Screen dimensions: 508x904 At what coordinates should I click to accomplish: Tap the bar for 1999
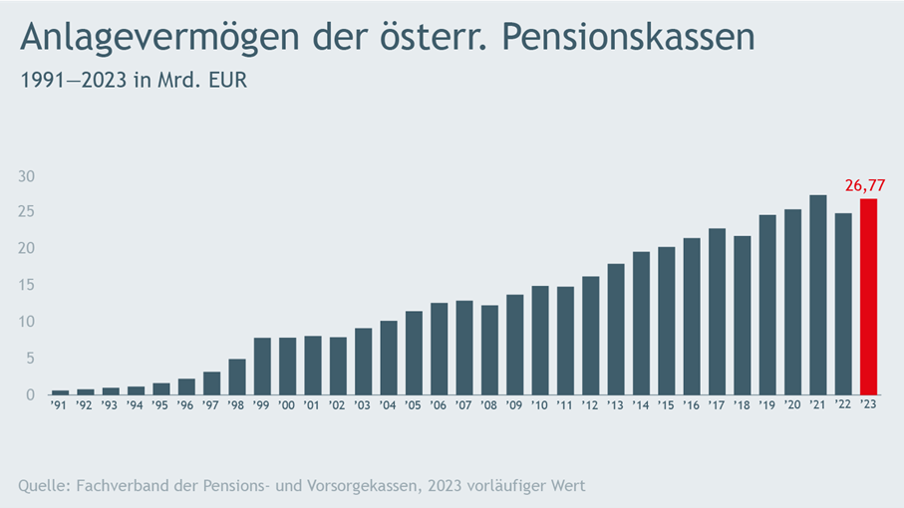pos(262,366)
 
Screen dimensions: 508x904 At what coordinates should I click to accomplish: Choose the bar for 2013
pos(616,329)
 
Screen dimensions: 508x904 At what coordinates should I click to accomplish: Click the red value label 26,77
pos(864,185)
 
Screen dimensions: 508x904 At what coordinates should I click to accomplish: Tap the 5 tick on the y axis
pos(31,358)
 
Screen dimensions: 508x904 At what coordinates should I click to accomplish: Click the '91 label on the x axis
pos(60,405)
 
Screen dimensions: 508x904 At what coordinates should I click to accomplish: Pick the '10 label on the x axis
pos(540,405)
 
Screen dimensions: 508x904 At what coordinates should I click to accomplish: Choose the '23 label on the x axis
pos(868,405)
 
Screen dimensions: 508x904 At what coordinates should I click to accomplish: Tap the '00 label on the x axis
pos(287,405)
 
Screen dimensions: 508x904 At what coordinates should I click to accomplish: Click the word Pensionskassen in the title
pos(627,38)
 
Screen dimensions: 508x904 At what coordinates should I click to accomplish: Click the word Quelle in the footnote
pos(45,485)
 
